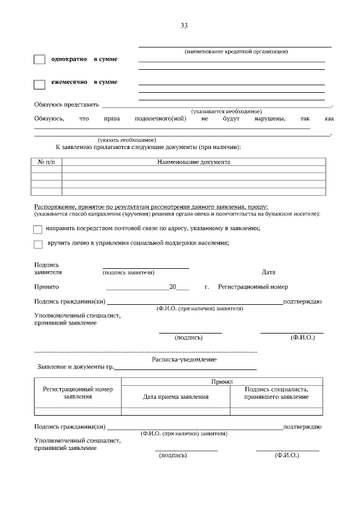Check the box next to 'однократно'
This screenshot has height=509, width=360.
click(x=39, y=60)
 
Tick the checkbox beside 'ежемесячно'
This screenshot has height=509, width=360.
click(x=39, y=84)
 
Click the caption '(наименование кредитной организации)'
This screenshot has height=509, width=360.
click(x=236, y=52)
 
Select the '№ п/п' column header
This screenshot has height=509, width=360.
click(x=47, y=162)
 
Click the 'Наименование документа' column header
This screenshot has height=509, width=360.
click(x=193, y=162)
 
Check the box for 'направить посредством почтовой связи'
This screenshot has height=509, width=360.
click(x=38, y=229)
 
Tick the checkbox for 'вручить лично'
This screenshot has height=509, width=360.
click(x=38, y=244)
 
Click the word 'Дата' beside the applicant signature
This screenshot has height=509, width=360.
click(x=268, y=272)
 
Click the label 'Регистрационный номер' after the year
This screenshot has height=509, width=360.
click(x=253, y=287)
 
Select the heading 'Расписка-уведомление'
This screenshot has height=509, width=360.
click(x=184, y=359)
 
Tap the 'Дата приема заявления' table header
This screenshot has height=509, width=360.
click(x=175, y=397)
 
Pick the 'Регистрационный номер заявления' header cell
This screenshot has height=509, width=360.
click(x=78, y=393)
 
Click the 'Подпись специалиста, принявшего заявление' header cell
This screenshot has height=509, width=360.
click(x=276, y=393)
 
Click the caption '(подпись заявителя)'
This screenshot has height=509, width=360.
click(x=128, y=272)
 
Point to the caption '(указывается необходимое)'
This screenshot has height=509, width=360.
click(x=226, y=111)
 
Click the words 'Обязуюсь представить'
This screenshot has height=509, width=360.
click(x=66, y=104)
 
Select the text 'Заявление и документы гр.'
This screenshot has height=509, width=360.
click(x=75, y=367)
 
